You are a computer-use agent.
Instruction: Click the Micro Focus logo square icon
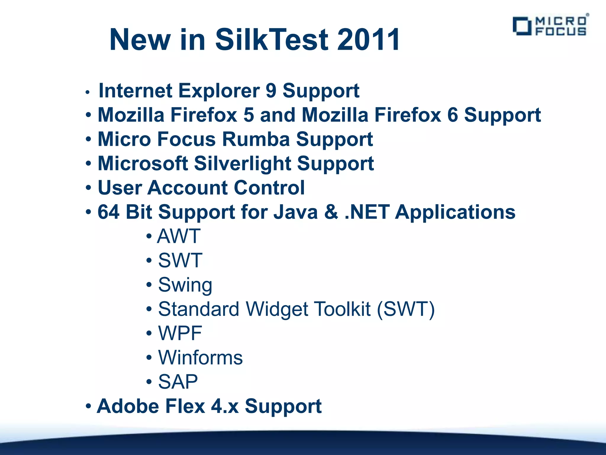(522, 26)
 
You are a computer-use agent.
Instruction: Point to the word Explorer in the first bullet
(219, 91)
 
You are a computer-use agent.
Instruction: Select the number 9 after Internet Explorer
(271, 91)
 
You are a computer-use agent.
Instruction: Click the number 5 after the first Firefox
(249, 115)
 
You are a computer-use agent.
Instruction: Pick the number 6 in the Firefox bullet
(452, 115)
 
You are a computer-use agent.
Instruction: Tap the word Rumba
(256, 139)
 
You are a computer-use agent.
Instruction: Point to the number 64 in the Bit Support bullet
(109, 212)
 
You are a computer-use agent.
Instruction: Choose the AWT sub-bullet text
(179, 236)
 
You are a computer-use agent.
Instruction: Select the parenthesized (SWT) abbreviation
(406, 309)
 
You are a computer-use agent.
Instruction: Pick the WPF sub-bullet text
(180, 334)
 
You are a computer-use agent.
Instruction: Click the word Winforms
(200, 358)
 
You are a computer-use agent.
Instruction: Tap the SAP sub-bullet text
(178, 382)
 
